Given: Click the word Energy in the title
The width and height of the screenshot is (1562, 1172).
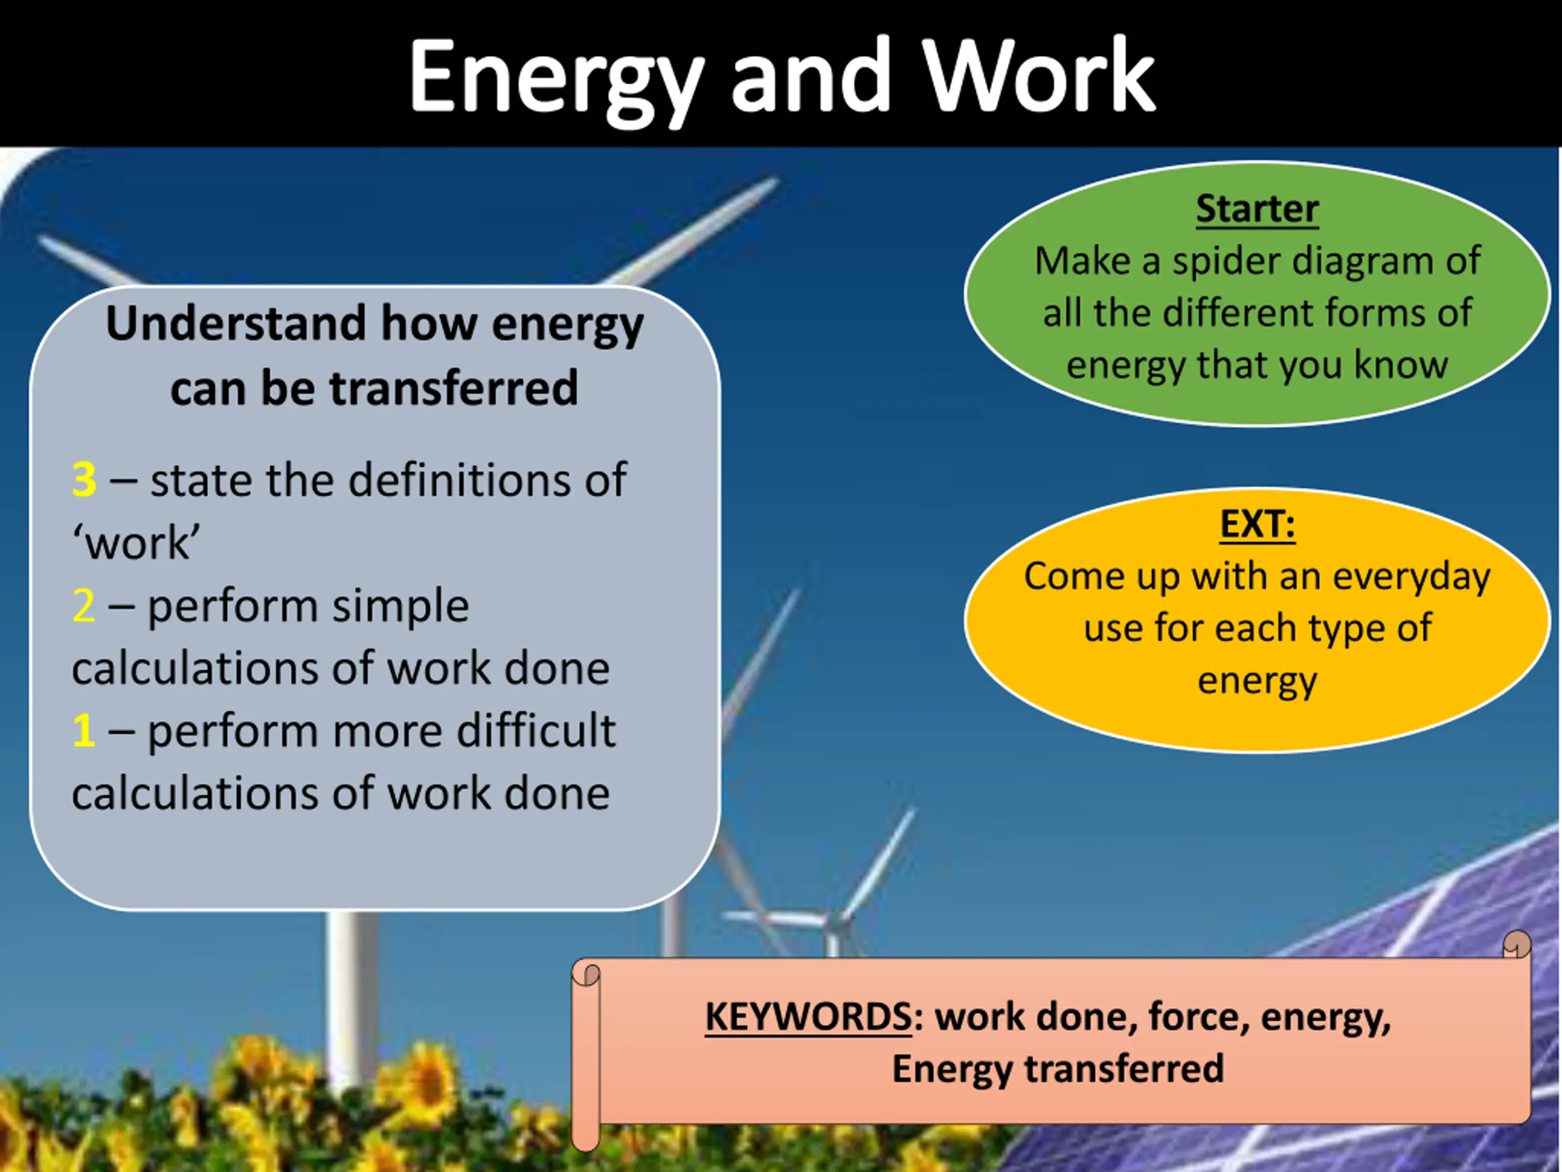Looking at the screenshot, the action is point(556,79).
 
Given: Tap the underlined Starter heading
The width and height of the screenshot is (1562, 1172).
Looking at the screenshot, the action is point(1257,209).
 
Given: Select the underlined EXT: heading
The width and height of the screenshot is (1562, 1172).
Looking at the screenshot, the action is point(1258,524).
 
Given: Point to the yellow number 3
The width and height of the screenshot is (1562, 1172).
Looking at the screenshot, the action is point(84,480).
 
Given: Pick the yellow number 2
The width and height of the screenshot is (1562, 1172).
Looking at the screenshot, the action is point(84,606).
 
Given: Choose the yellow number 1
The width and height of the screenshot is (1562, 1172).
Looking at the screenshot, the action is point(84,731).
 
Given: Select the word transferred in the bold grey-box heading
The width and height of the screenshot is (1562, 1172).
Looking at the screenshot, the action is point(454,389).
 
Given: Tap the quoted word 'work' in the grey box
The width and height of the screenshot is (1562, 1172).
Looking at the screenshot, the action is point(136,543).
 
